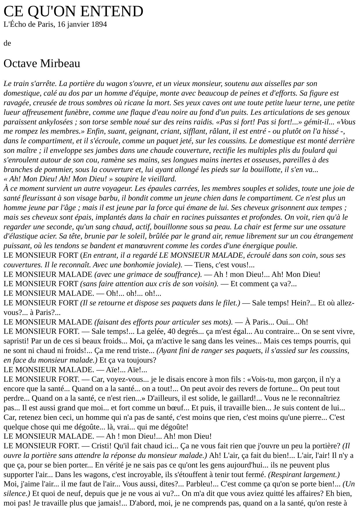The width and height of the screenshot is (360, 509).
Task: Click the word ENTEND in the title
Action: pos(111,12)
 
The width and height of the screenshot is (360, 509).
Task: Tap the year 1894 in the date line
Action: pos(99,24)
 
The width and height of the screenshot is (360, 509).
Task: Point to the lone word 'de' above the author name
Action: pos(7,43)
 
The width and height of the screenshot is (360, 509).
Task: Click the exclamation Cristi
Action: pos(102,446)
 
